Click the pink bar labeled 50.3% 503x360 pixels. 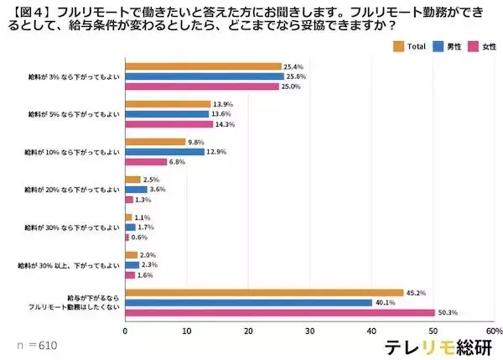[279, 313]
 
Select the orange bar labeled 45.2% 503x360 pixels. [264, 293]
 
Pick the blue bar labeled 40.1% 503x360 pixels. [248, 303]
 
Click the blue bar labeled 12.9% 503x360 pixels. [164, 152]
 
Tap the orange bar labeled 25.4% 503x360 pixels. [203, 66]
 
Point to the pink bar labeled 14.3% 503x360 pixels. [169, 124]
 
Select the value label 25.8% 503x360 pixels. [296, 76]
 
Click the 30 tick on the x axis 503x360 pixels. [310, 331]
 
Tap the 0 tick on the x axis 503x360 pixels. [125, 331]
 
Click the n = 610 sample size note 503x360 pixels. [36, 345]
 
